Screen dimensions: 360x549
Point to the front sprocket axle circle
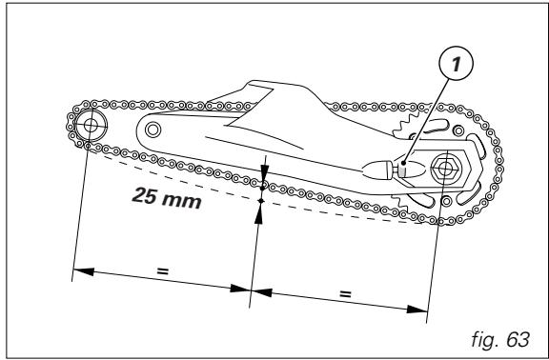pos(91,122)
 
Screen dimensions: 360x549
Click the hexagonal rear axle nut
pos(443,169)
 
